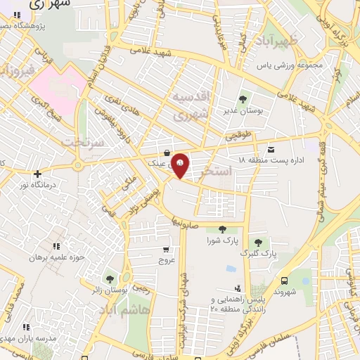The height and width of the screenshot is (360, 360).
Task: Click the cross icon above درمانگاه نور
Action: (x=37, y=173)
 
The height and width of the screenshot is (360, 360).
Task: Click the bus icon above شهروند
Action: (x=283, y=279)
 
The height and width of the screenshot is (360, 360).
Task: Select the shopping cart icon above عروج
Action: (x=166, y=248)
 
